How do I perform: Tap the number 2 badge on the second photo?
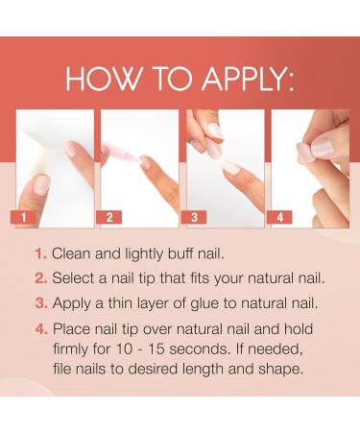coord(109,218)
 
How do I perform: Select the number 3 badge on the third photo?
coord(195,218)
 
